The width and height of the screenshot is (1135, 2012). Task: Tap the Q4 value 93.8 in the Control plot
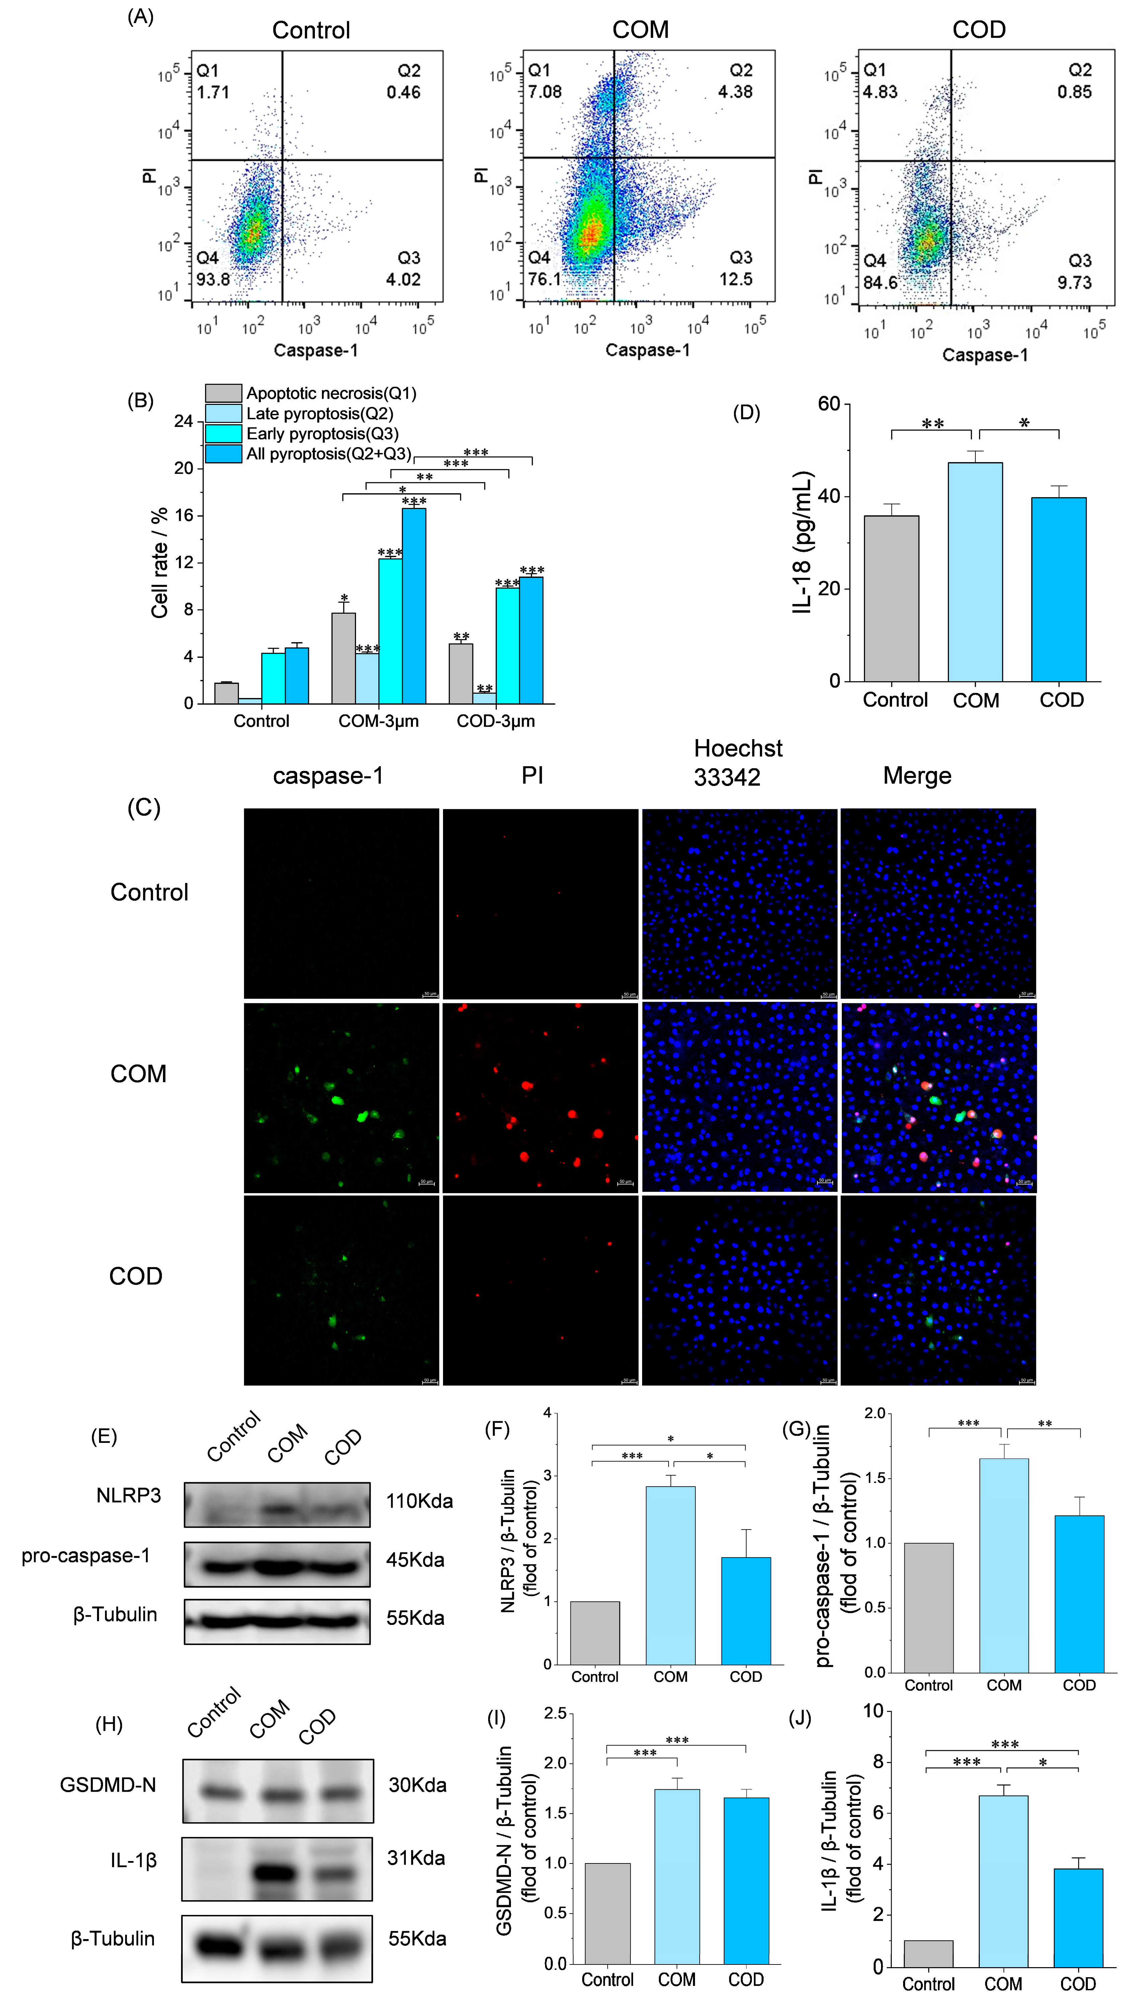point(212,279)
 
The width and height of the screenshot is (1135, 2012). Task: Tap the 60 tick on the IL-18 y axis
point(829,404)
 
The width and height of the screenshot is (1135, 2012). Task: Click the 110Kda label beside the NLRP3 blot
point(419,1500)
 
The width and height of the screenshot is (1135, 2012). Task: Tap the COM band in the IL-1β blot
point(276,1873)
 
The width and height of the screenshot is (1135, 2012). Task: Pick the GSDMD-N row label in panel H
point(108,1785)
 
